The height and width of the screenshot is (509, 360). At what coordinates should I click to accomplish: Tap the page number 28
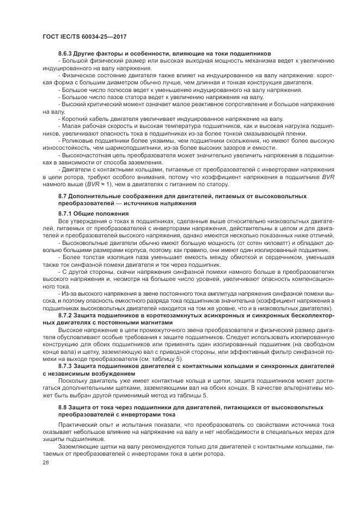45,462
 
